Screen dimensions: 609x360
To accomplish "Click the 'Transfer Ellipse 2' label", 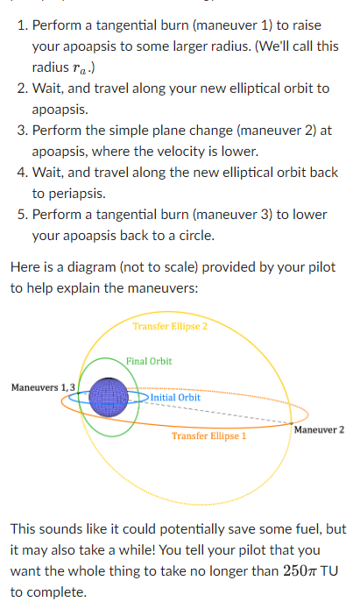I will coord(170,327).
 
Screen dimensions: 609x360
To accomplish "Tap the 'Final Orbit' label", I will coord(149,361).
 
